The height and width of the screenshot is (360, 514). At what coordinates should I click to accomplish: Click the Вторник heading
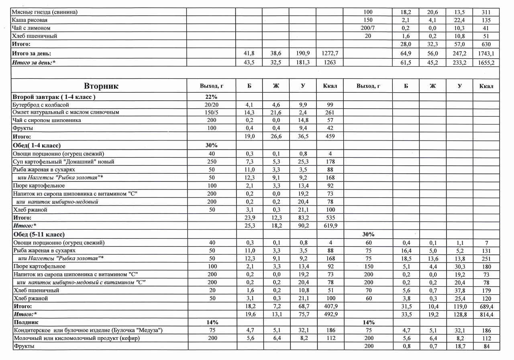point(101,86)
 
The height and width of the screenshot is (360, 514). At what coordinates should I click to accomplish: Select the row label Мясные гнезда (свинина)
point(45,12)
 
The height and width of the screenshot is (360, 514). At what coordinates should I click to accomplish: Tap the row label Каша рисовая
point(30,20)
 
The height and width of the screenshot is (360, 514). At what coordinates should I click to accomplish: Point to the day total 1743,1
point(486,53)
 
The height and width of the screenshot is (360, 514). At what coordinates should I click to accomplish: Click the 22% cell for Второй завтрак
point(211,97)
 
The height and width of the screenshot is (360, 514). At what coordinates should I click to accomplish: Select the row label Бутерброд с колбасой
point(38,105)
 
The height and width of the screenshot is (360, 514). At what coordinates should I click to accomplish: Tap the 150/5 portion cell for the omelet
point(211,112)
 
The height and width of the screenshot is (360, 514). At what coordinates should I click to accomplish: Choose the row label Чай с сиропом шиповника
point(47,120)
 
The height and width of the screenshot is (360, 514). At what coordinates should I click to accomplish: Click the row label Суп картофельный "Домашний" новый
point(63,162)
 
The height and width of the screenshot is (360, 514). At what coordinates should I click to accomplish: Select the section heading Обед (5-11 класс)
point(39,234)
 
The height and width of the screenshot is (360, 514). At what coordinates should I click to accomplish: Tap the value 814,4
point(486,315)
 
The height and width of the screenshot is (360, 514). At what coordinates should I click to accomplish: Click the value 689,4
point(486,307)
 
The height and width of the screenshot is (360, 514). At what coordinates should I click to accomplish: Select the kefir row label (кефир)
point(76,338)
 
